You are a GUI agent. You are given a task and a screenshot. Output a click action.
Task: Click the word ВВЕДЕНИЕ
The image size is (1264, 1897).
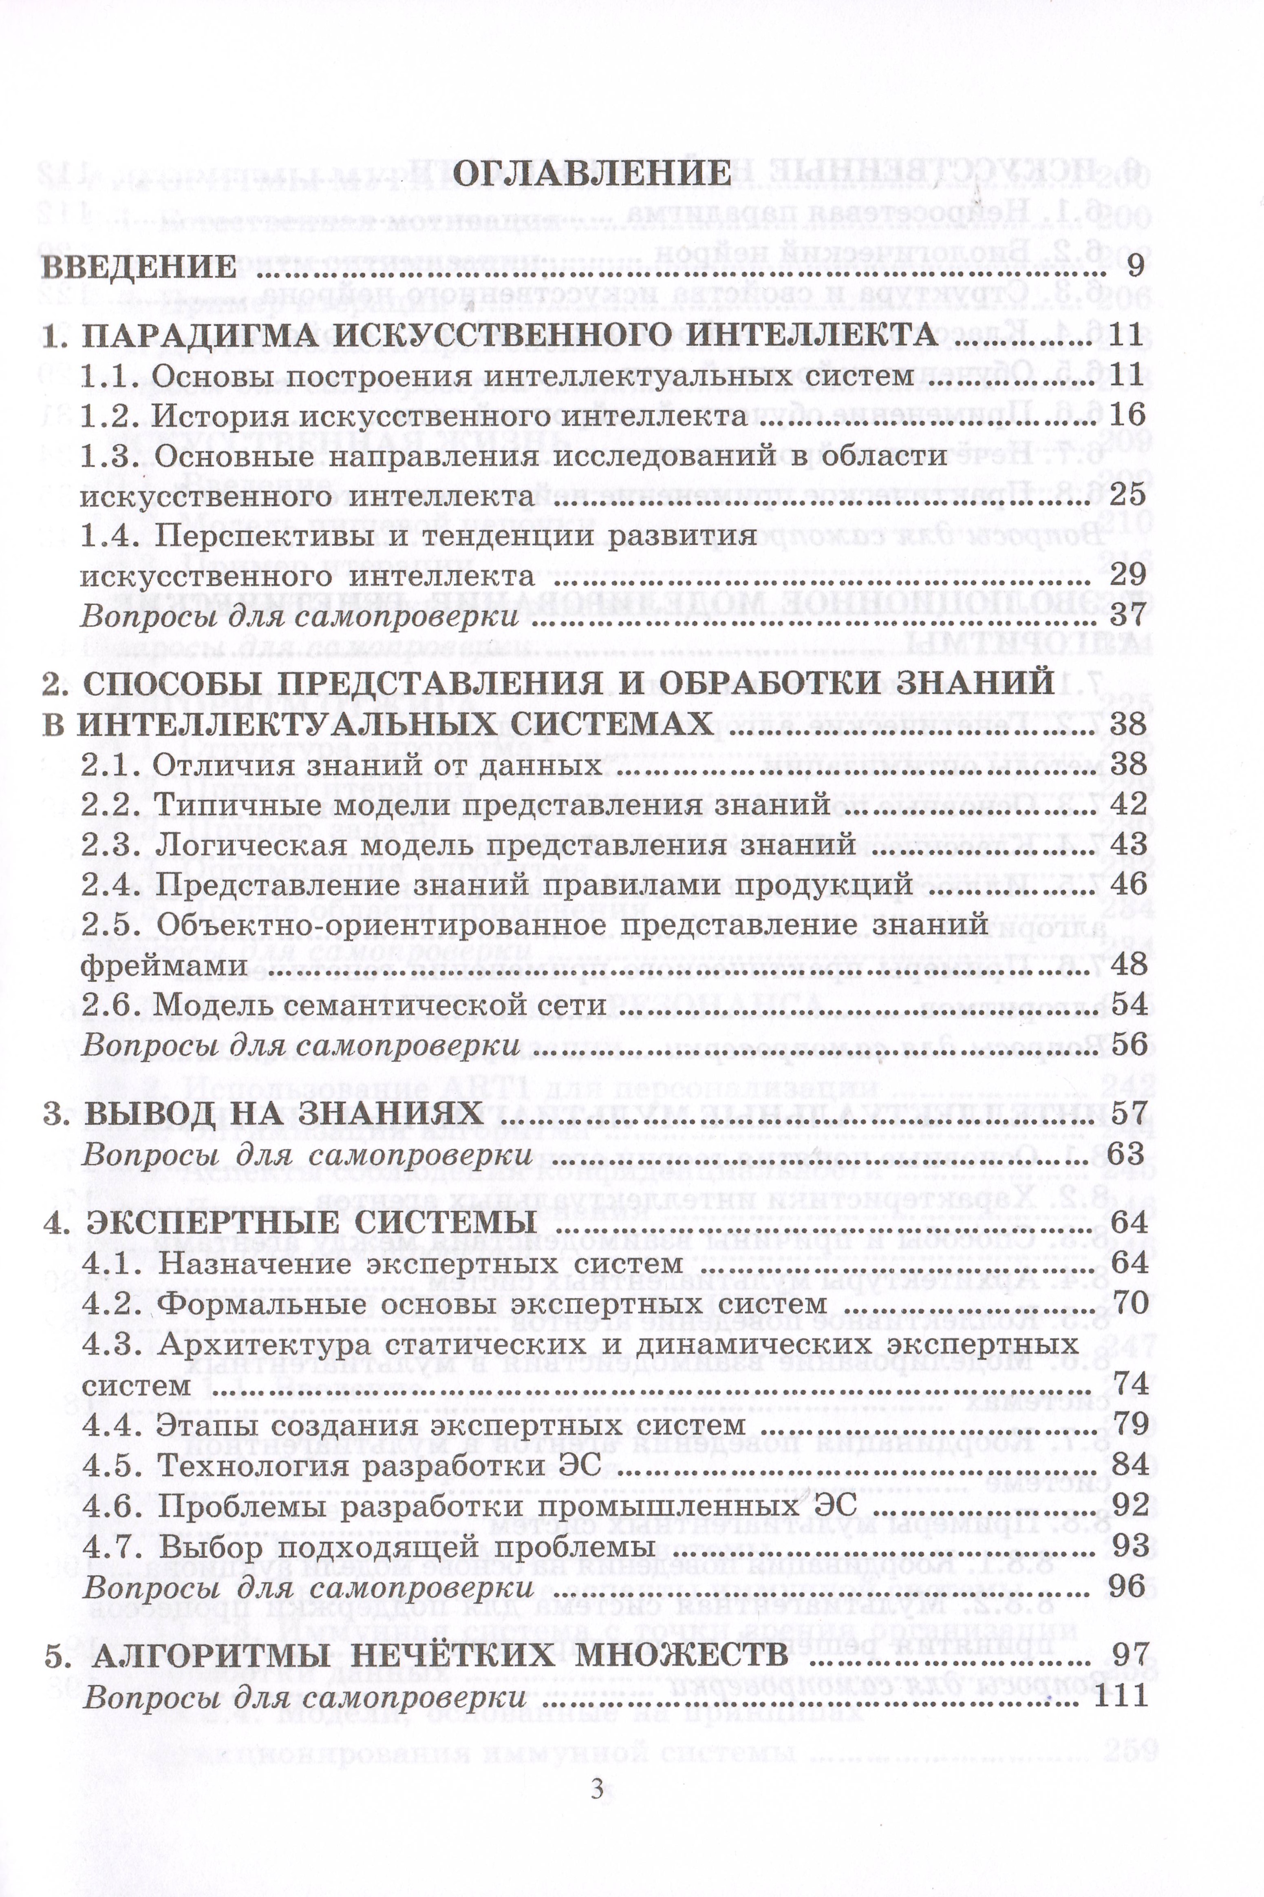tap(139, 266)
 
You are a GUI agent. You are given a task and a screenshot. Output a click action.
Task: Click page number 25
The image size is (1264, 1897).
tap(1127, 494)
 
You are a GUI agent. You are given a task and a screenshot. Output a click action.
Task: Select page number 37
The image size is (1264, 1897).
tap(1127, 616)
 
